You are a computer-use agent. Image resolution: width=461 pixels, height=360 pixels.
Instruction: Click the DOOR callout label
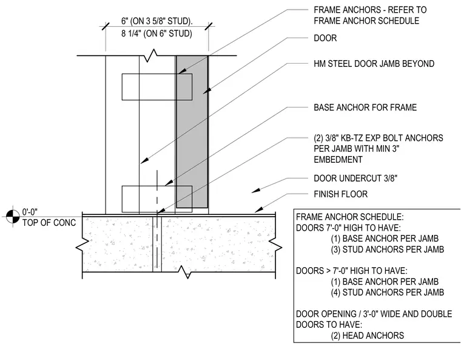pos(325,38)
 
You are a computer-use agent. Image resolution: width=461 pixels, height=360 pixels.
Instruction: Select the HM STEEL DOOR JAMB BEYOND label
pos(374,64)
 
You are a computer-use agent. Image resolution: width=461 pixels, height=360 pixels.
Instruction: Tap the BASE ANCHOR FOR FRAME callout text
pos(365,107)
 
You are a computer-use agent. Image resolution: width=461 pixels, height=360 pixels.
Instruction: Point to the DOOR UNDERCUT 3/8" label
pos(355,178)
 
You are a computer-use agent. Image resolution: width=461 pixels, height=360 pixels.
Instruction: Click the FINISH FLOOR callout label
pos(340,194)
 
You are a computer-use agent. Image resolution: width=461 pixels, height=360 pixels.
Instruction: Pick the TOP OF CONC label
pos(49,223)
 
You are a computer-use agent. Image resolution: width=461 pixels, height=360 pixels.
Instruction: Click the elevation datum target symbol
pos(13,217)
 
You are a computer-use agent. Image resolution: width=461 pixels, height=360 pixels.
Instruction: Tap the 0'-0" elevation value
pos(30,212)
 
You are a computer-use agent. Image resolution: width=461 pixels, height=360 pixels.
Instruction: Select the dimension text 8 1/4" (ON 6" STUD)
pos(156,33)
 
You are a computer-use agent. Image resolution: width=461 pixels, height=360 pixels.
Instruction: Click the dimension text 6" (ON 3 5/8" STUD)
pos(157,21)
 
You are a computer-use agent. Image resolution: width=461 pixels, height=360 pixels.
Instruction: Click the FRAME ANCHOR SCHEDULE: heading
pos(350,217)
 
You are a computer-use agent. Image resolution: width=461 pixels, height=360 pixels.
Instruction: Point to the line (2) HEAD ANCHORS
pos(368,336)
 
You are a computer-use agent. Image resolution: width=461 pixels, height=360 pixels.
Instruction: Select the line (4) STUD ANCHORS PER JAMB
pos(388,292)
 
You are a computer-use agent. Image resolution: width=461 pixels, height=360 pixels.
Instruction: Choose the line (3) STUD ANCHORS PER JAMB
pos(388,250)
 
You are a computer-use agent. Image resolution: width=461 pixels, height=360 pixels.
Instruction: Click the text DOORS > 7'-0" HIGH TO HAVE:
pos(352,271)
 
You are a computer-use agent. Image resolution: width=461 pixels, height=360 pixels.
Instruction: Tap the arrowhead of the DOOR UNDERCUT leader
pos(255,191)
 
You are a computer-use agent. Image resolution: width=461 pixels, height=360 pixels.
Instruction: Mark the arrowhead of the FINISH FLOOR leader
pos(258,210)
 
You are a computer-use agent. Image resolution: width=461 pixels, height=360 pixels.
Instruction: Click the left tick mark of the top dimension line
pos(106,26)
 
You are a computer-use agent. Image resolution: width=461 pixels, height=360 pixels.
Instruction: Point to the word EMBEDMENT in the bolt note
pos(338,160)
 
